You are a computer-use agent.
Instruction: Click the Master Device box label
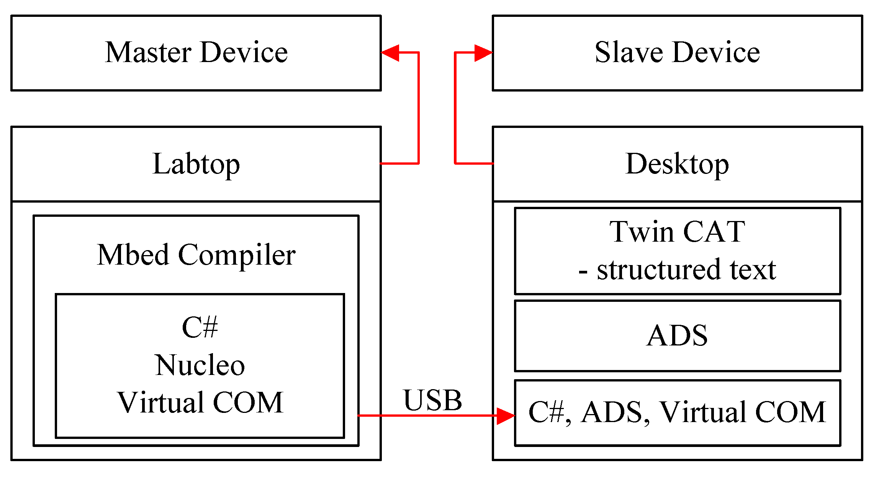[196, 52]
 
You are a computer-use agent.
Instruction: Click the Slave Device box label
[677, 52]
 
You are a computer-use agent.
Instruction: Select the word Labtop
[196, 164]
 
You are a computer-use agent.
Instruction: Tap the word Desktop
[677, 164]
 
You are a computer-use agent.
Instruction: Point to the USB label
[432, 400]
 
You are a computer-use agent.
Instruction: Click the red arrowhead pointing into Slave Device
[483, 53]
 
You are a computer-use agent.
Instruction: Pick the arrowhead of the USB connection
[506, 416]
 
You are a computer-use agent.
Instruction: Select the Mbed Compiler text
[196, 255]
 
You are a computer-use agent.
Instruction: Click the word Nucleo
[200, 365]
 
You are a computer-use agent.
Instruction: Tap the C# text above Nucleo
[200, 327]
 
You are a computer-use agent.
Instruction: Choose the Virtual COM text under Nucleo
[200, 403]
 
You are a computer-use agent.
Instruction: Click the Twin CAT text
[677, 232]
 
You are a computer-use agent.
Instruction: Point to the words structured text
[686, 270]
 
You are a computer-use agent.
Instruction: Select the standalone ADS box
[677, 336]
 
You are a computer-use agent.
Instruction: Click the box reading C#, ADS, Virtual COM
[677, 413]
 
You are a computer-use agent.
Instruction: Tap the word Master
[148, 52]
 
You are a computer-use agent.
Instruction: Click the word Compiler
[237, 255]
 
